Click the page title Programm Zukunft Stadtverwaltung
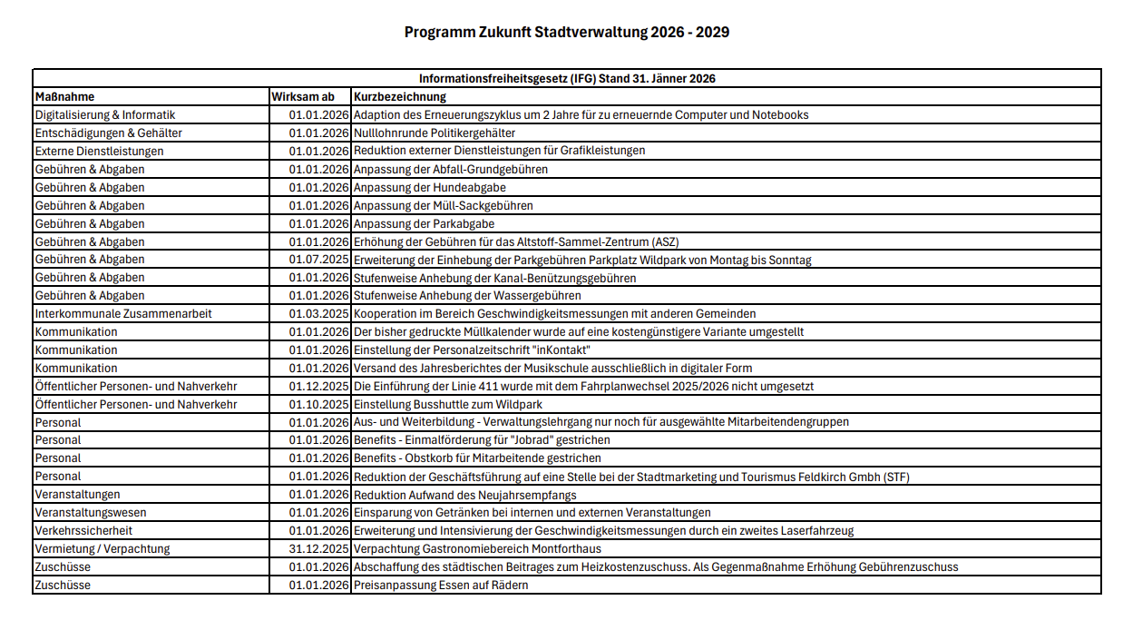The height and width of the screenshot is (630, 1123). [566, 33]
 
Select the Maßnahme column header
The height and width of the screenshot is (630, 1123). [64, 96]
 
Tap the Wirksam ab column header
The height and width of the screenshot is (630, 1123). [303, 96]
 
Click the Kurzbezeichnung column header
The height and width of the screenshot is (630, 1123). [400, 96]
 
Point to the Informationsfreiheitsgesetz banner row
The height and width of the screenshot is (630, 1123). [566, 79]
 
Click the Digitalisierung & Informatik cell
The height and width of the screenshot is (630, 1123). [105, 115]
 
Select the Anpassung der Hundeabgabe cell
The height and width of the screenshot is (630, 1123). [430, 187]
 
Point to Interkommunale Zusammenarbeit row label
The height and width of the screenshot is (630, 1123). [123, 313]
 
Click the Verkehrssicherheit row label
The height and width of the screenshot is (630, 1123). [83, 530]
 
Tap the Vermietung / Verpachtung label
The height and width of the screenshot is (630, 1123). [103, 548]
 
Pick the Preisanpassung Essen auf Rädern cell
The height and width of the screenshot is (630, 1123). [441, 585]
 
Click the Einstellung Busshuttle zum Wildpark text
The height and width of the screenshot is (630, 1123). [448, 404]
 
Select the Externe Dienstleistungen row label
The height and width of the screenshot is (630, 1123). [100, 151]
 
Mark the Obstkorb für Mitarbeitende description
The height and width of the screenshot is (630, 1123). [477, 458]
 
